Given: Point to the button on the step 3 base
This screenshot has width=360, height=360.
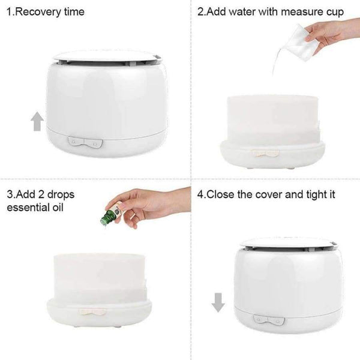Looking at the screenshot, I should (92, 313).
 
